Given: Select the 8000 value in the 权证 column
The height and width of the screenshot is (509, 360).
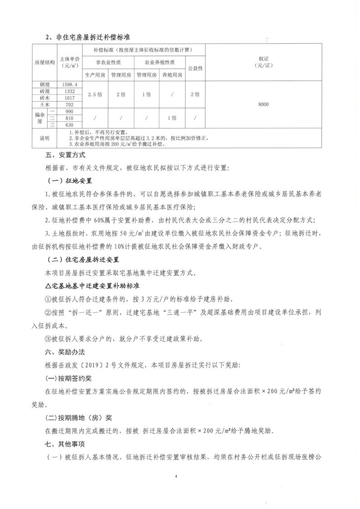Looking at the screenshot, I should pyautogui.click(x=263, y=104).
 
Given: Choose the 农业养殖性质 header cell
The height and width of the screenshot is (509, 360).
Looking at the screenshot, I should pyautogui.click(x=160, y=62).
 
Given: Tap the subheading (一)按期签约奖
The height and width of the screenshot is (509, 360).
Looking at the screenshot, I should pyautogui.click(x=72, y=377).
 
